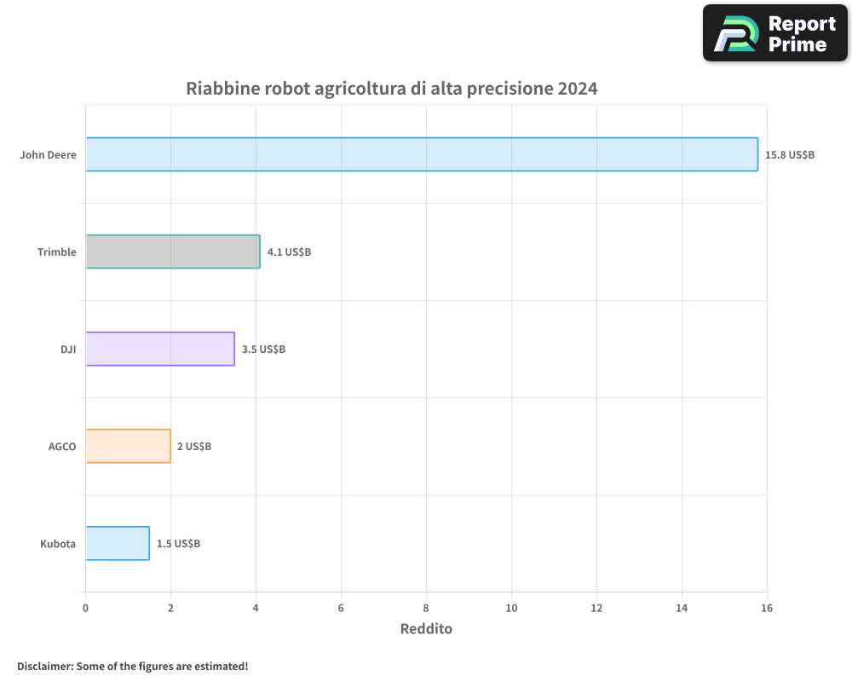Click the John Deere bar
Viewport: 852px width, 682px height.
pyautogui.click(x=422, y=154)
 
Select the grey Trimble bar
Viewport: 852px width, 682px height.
pyautogui.click(x=173, y=251)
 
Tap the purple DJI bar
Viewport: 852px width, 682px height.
pyautogui.click(x=160, y=349)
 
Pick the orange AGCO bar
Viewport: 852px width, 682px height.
pyautogui.click(x=128, y=446)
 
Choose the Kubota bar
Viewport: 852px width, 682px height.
pyautogui.click(x=118, y=543)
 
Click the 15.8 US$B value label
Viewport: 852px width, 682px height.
pyautogui.click(x=790, y=155)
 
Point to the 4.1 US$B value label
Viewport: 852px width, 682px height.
pyautogui.click(x=289, y=252)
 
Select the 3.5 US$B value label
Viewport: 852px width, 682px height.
pyautogui.click(x=263, y=350)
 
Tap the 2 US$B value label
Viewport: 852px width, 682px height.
pyautogui.click(x=194, y=447)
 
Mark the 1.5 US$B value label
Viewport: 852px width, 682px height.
pyautogui.click(x=178, y=544)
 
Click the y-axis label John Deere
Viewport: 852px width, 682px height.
pyautogui.click(x=49, y=155)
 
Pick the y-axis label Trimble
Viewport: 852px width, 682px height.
pyautogui.click(x=57, y=252)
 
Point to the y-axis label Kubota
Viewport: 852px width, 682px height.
pyautogui.click(x=58, y=544)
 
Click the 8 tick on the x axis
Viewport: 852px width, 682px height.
pyautogui.click(x=426, y=608)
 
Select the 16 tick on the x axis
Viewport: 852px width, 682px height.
pyautogui.click(x=767, y=608)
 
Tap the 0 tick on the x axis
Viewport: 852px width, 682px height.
pyautogui.click(x=85, y=608)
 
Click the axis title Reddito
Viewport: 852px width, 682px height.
pyautogui.click(x=426, y=629)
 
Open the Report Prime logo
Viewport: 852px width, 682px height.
pyautogui.click(x=774, y=33)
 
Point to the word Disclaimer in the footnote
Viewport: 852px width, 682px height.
pyautogui.click(x=44, y=666)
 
